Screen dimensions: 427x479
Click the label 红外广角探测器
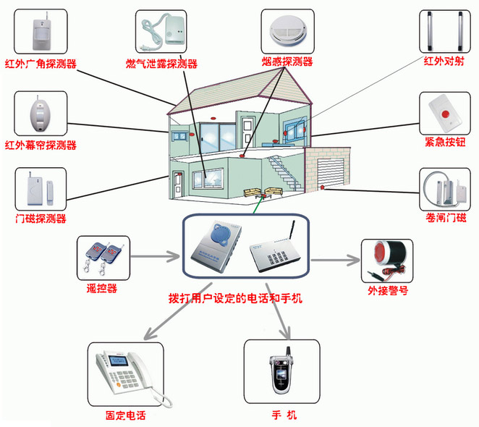tap(41, 63)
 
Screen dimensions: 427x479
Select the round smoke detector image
tap(288, 30)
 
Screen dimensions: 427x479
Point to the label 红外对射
tap(444, 62)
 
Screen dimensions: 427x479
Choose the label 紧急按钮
tap(444, 143)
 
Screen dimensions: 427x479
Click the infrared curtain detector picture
tap(40, 113)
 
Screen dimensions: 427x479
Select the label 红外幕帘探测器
tap(41, 145)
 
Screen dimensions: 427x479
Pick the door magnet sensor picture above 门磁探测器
tap(40, 189)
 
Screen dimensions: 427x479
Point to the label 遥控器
tap(101, 289)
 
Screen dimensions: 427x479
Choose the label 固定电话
tap(125, 416)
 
